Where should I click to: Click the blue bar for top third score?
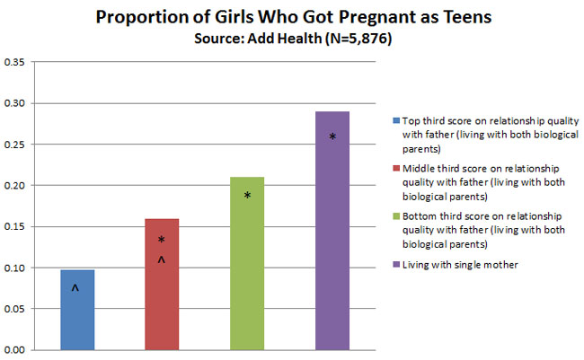click(x=77, y=310)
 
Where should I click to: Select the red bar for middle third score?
click(x=162, y=284)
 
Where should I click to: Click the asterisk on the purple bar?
click(x=332, y=137)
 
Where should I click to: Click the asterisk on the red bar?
click(x=162, y=241)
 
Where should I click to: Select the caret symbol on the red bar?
click(x=162, y=260)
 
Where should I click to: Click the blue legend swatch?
click(x=396, y=119)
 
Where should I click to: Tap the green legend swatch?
click(x=396, y=216)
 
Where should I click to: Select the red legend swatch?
click(x=396, y=168)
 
